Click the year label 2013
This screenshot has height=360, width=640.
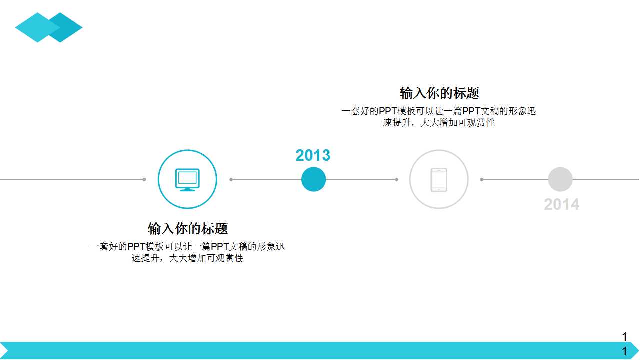pyautogui.click(x=313, y=155)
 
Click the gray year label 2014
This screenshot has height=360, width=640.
pyautogui.click(x=561, y=204)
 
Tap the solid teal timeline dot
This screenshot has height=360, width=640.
pyautogui.click(x=313, y=179)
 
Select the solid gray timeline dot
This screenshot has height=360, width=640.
pyautogui.click(x=560, y=179)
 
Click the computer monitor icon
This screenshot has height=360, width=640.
pyautogui.click(x=187, y=179)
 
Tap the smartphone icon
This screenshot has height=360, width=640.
pyautogui.click(x=439, y=179)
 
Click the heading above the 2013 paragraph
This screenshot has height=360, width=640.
pyautogui.click(x=439, y=93)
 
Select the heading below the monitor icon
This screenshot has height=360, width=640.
pyautogui.click(x=187, y=229)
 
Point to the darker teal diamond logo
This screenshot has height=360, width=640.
pyautogui.click(x=68, y=27)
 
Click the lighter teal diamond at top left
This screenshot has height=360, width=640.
pyautogui.click(x=35, y=27)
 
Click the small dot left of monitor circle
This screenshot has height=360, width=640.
pyautogui.click(x=144, y=179)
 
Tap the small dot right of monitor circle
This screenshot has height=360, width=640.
pyautogui.click(x=231, y=179)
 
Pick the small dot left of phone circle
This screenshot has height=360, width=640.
pyautogui.click(x=396, y=179)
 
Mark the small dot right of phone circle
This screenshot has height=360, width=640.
pyautogui.click(x=482, y=179)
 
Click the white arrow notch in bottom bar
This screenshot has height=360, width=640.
pyautogui.click(x=3, y=351)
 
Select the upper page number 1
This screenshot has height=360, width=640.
pyautogui.click(x=624, y=337)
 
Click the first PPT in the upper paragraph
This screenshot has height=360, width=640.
pyautogui.click(x=388, y=111)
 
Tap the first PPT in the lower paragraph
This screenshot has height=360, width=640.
pyautogui.click(x=136, y=247)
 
